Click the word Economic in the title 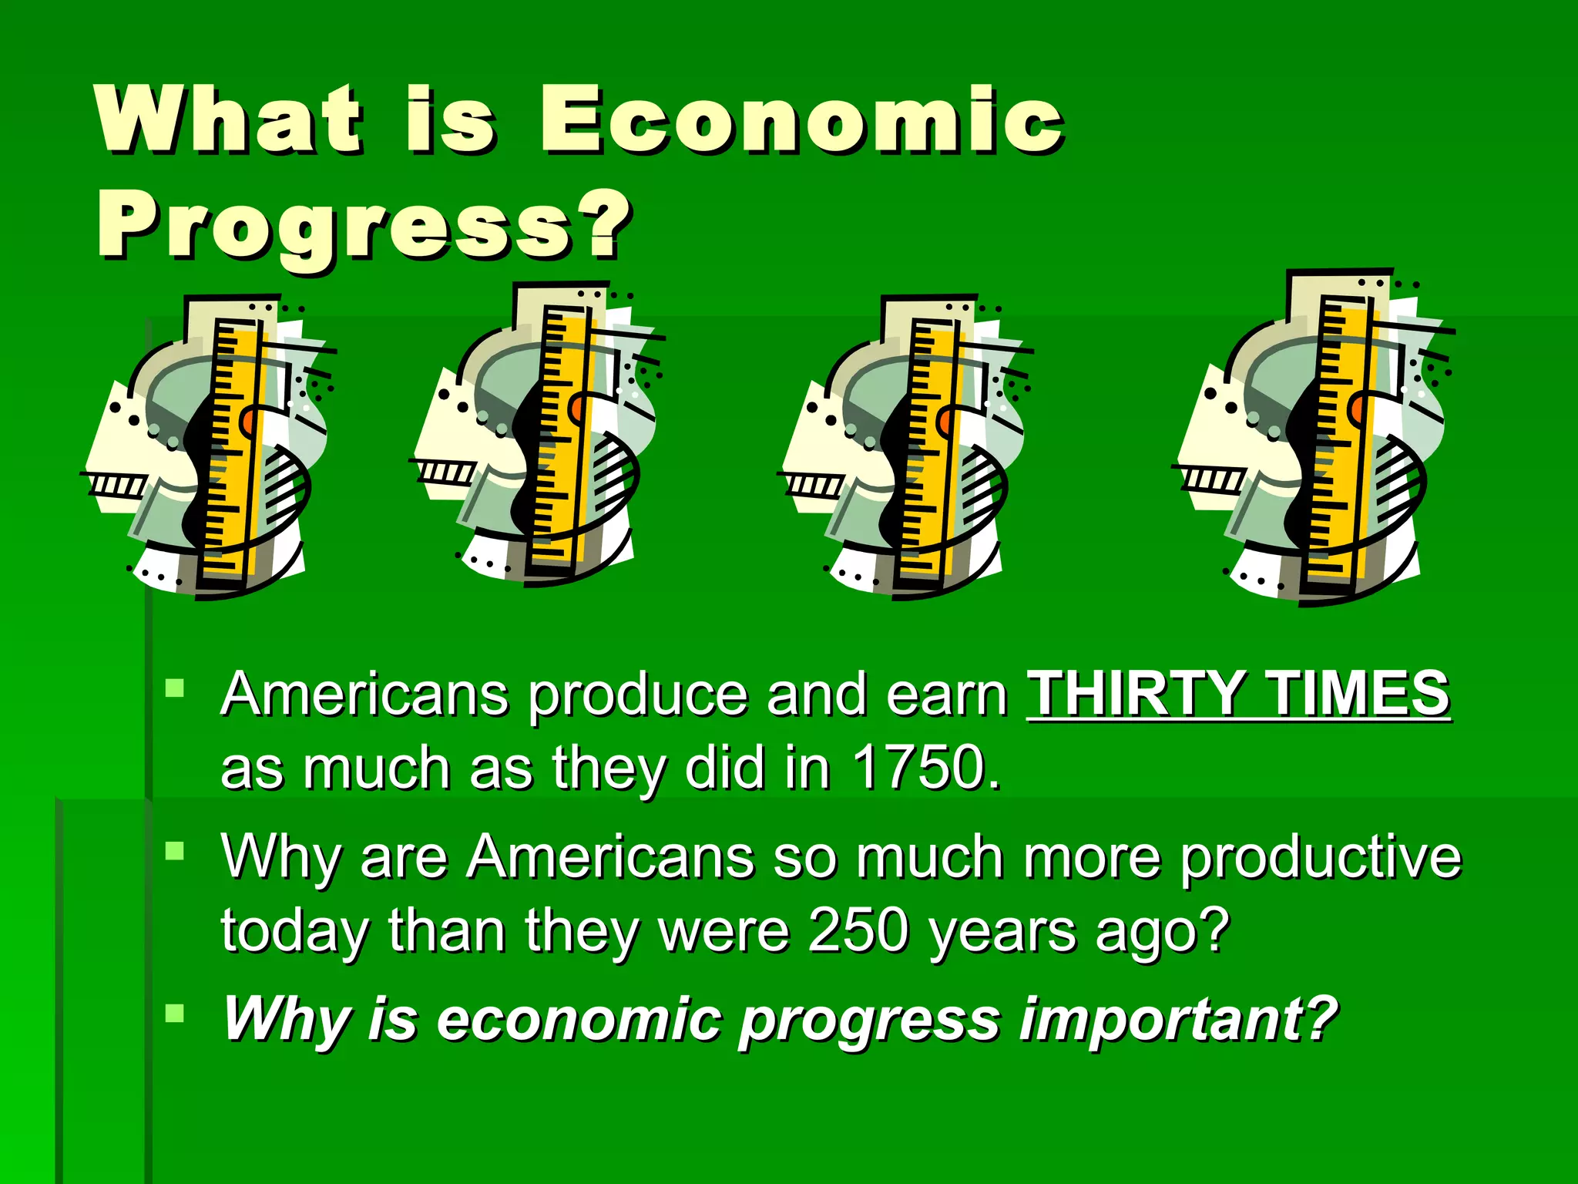click(x=801, y=119)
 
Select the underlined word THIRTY click(x=1136, y=693)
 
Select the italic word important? click(x=1179, y=1019)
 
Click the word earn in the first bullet click(x=947, y=695)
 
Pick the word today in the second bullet click(x=296, y=932)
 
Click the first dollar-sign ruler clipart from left click(x=210, y=447)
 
